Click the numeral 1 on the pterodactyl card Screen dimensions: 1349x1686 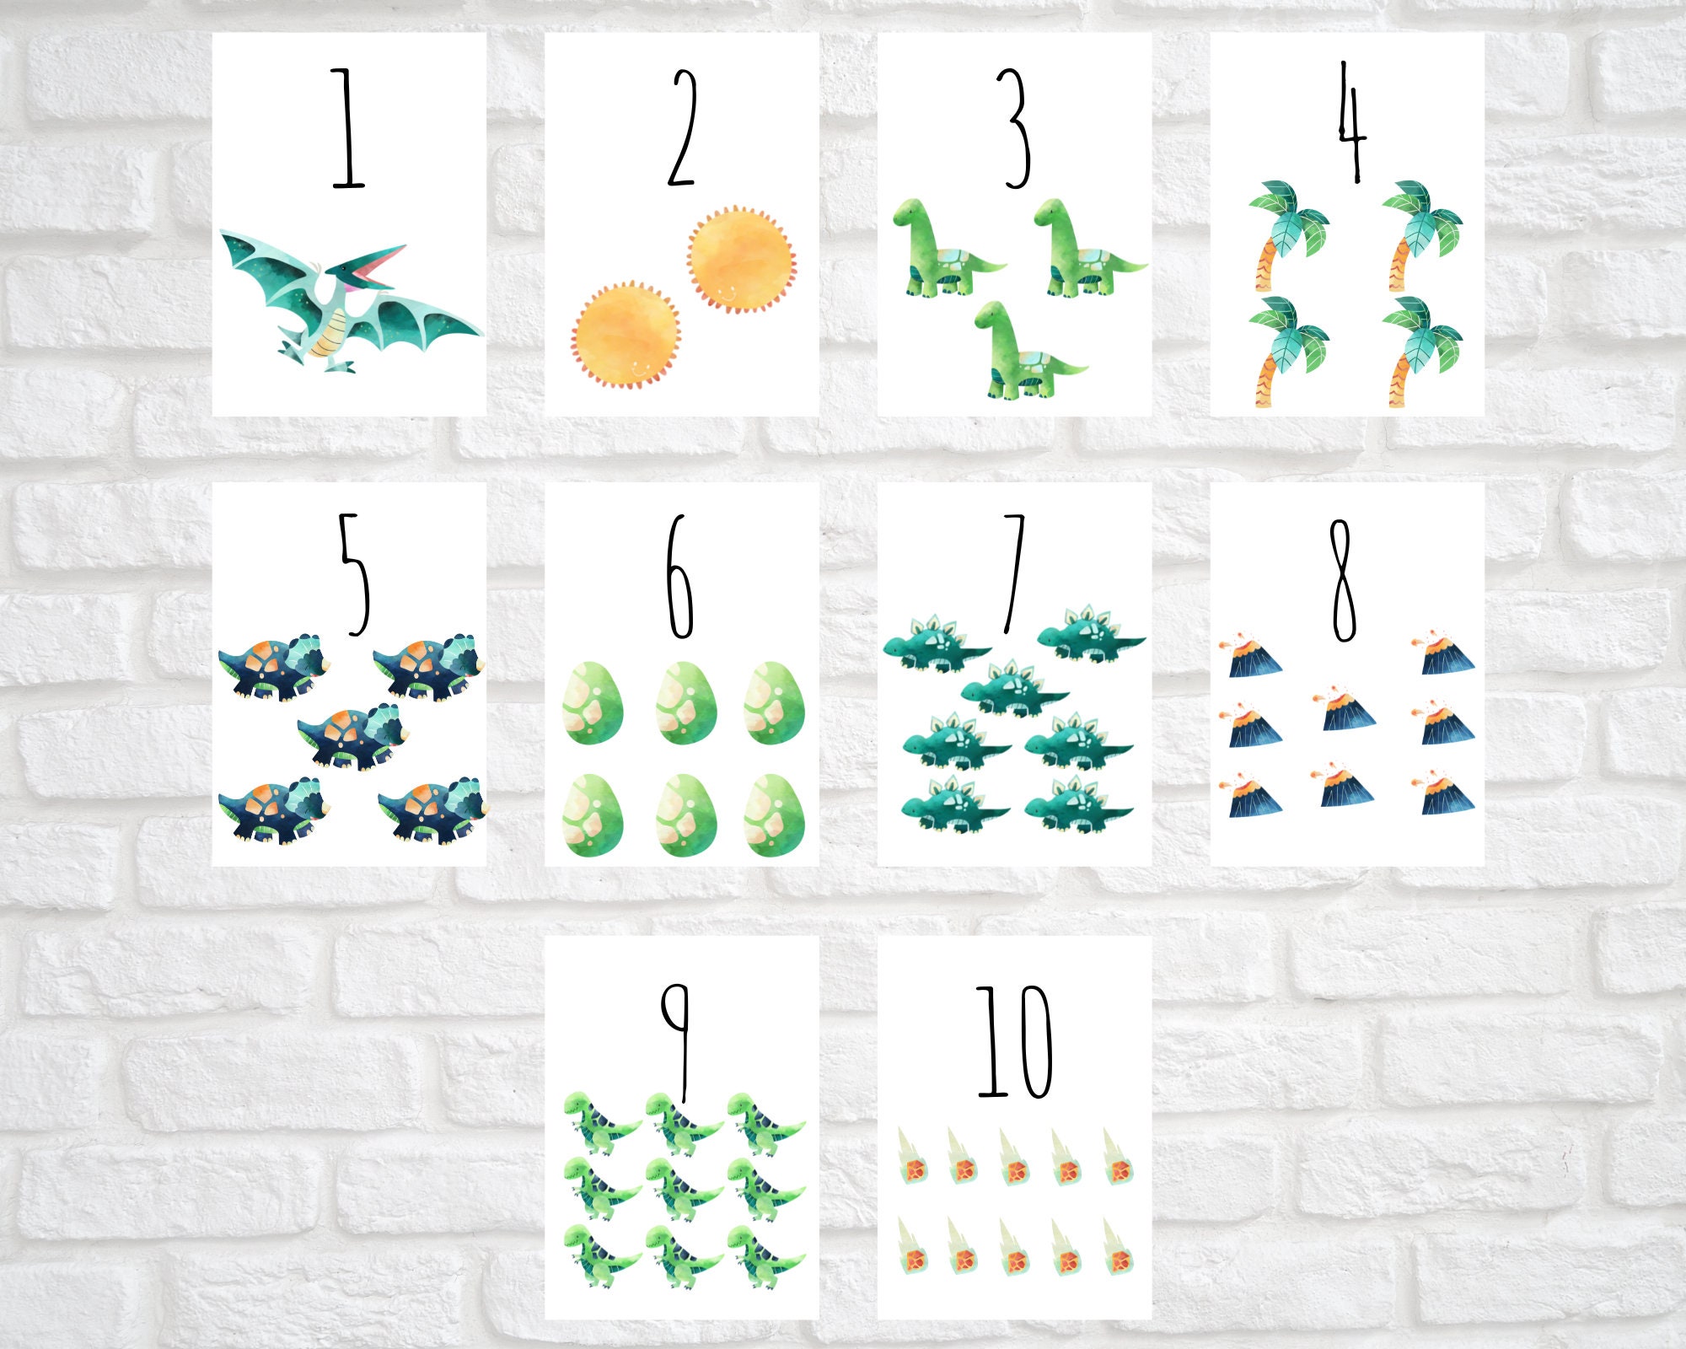pyautogui.click(x=346, y=131)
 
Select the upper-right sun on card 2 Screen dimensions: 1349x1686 pyautogui.click(x=741, y=259)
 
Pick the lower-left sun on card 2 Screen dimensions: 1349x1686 pyautogui.click(x=626, y=334)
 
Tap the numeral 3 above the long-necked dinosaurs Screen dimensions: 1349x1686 pyautogui.click(x=1016, y=128)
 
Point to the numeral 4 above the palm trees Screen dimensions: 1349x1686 pyautogui.click(x=1351, y=122)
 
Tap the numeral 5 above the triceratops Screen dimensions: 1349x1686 pyautogui.click(x=354, y=573)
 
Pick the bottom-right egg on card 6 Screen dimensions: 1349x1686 pyautogui.click(x=774, y=815)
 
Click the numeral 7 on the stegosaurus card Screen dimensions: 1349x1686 pyautogui.click(x=1014, y=573)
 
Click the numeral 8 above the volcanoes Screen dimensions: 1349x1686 pyautogui.click(x=1343, y=579)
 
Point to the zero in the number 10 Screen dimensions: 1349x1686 pyautogui.click(x=1034, y=1042)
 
